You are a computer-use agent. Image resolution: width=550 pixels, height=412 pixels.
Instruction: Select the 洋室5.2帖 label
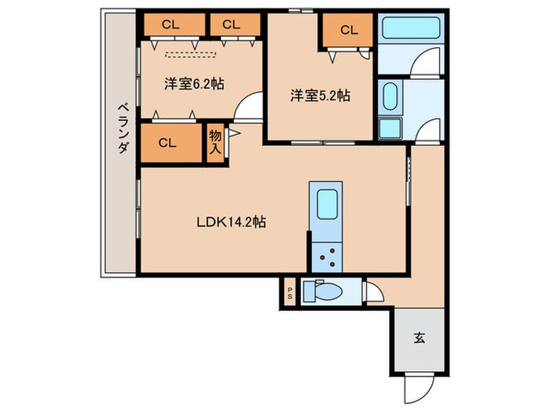[x=320, y=96]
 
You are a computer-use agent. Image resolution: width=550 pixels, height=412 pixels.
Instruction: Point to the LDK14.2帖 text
[x=230, y=222]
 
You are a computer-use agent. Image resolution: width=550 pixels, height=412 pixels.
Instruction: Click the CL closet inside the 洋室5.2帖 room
[x=349, y=31]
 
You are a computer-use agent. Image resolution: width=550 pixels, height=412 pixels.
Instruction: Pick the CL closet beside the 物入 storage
[x=167, y=143]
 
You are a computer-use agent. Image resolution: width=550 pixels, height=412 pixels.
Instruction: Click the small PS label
[x=289, y=294]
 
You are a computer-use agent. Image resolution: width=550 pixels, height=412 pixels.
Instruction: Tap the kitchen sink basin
[x=324, y=206]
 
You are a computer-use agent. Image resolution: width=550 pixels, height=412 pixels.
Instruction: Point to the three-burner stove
[x=324, y=254]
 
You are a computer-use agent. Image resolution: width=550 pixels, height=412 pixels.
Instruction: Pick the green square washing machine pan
[x=390, y=129]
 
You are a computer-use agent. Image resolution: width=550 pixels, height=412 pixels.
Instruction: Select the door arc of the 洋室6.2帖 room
[x=250, y=105]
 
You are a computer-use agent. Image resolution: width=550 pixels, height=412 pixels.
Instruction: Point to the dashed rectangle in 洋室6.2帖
[x=191, y=54]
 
